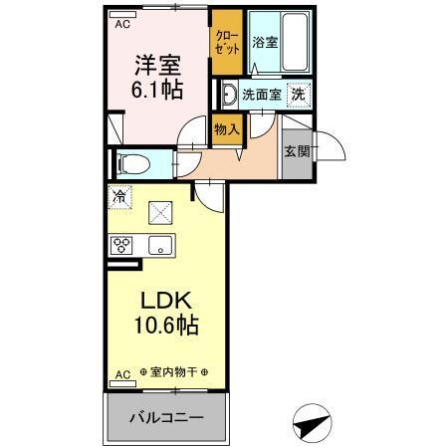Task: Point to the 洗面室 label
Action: (262, 96)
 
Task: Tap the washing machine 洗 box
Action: (298, 95)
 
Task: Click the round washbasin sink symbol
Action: (228, 96)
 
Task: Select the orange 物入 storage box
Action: (226, 127)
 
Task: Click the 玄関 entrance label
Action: (296, 151)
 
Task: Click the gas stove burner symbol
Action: (123, 245)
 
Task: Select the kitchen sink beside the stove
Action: (158, 245)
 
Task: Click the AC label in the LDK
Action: (121, 374)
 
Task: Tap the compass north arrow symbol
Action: (311, 423)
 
